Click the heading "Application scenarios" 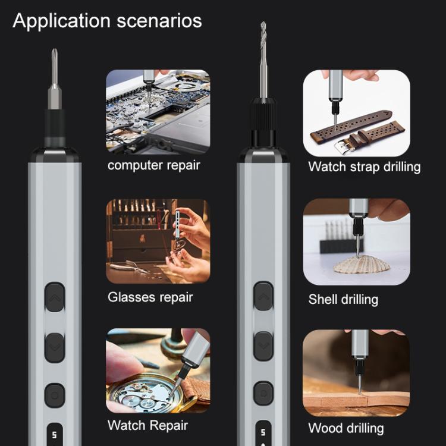click(107, 21)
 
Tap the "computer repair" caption click(153, 165)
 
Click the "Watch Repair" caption click(147, 425)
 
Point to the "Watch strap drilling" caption click(364, 167)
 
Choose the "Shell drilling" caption click(343, 299)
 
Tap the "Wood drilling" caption click(346, 428)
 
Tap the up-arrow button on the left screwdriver click(55, 297)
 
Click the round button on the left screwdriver click(55, 395)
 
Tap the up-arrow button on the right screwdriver click(263, 296)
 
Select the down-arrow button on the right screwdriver click(263, 344)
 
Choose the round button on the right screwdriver click(263, 393)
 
